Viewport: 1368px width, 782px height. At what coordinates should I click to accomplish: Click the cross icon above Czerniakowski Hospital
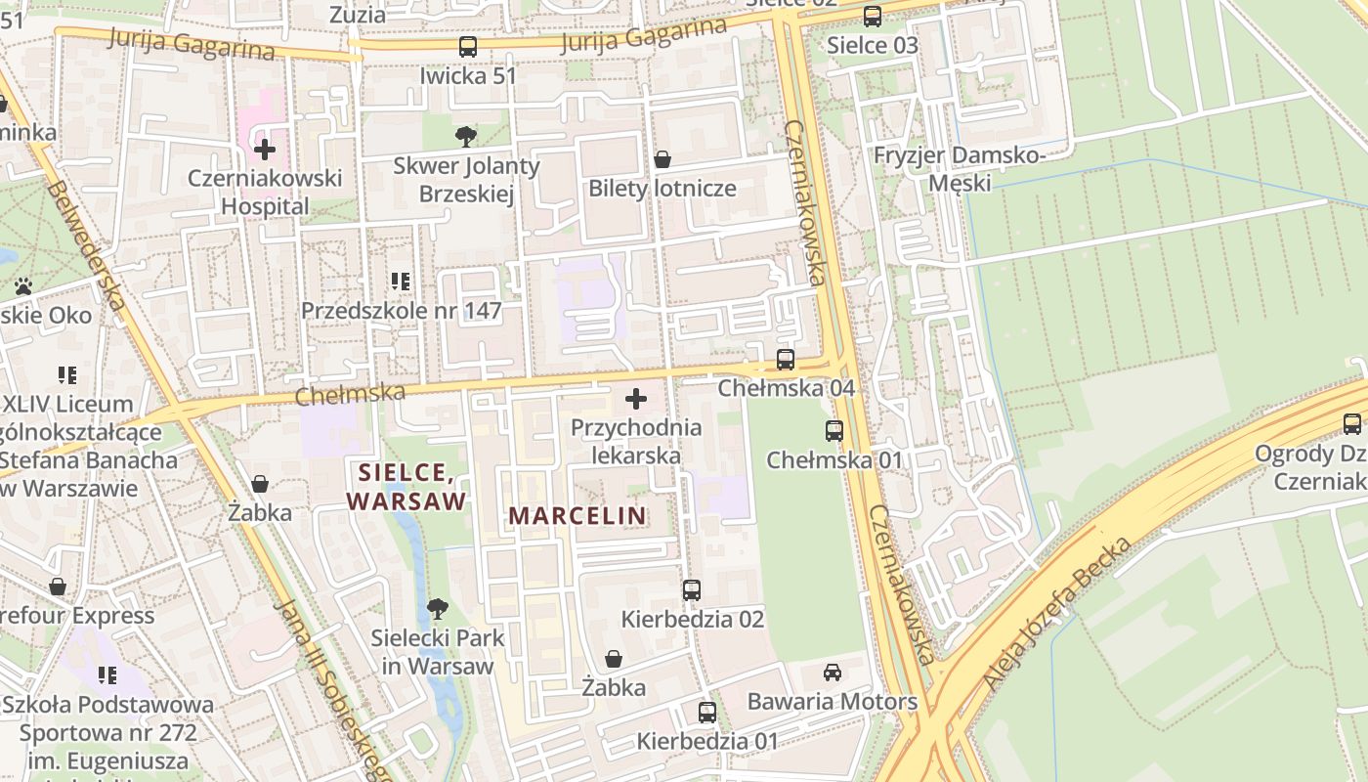tap(264, 150)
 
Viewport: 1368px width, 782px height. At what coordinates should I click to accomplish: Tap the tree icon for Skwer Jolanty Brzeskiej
tap(466, 137)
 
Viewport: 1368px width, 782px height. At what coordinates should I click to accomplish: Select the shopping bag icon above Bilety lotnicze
tap(662, 159)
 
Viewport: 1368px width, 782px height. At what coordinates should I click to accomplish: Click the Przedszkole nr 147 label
tap(401, 311)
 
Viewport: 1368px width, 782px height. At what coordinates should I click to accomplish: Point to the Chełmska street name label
tap(350, 394)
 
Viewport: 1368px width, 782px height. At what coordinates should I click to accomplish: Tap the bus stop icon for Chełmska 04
tap(786, 360)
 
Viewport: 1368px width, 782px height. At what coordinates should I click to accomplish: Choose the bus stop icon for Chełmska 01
tap(834, 431)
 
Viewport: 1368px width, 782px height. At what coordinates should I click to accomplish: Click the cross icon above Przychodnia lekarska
tap(636, 399)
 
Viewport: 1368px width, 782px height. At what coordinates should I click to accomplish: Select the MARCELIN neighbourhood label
tap(577, 515)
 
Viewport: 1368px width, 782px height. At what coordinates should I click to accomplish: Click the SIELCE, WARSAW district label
tap(405, 487)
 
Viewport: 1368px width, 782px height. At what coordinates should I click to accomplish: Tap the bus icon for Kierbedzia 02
tap(692, 590)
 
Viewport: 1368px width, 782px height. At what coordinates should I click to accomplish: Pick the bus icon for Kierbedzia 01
tap(707, 713)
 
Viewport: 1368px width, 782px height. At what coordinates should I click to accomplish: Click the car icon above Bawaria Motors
tap(833, 673)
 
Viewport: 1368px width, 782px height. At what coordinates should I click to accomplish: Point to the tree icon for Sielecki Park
tap(438, 609)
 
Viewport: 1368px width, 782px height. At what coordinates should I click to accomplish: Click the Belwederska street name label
tap(86, 245)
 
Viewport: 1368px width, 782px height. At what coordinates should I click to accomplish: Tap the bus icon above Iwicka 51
tap(468, 46)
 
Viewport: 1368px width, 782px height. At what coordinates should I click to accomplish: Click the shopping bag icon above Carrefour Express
tap(58, 586)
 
